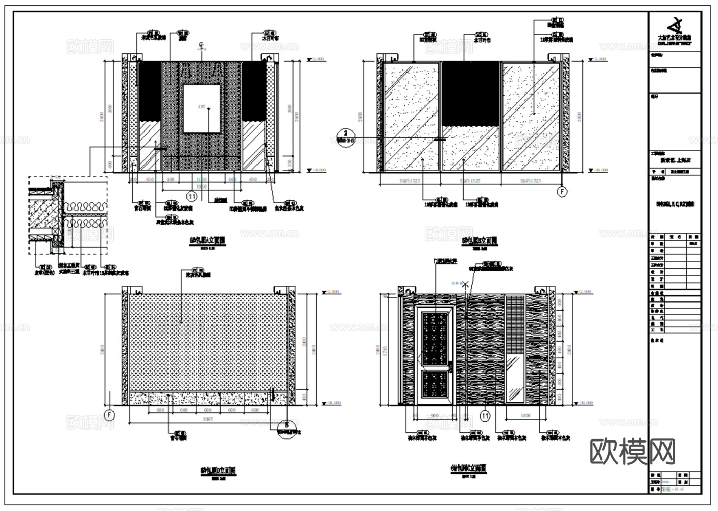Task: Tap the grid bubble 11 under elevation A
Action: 192,196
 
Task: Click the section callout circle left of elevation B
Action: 345,137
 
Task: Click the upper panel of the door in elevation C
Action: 435,337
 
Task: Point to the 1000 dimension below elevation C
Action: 525,416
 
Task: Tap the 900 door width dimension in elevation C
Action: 435,416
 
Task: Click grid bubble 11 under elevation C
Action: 485,416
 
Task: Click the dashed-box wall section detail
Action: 67,215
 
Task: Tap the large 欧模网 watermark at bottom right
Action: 633,452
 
